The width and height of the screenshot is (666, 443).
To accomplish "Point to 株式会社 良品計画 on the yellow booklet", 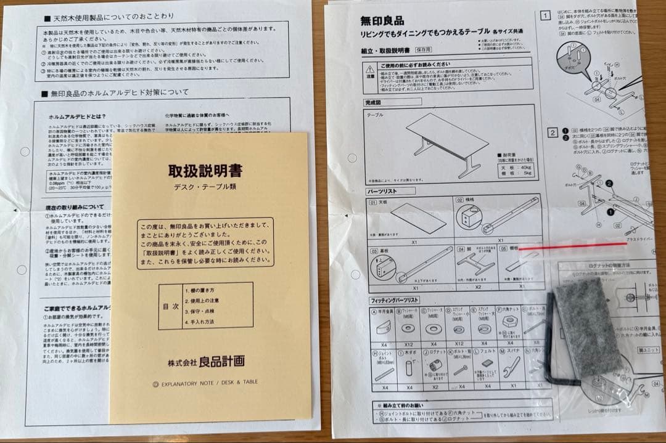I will (206, 361).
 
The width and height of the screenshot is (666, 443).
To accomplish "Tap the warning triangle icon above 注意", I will (370, 69).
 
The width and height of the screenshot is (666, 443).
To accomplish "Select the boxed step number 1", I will (545, 15).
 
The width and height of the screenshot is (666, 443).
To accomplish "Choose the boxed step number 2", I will (553, 132).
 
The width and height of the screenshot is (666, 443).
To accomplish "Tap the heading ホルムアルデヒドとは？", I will (77, 116).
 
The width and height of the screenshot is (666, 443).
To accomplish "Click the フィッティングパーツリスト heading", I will (395, 300).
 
